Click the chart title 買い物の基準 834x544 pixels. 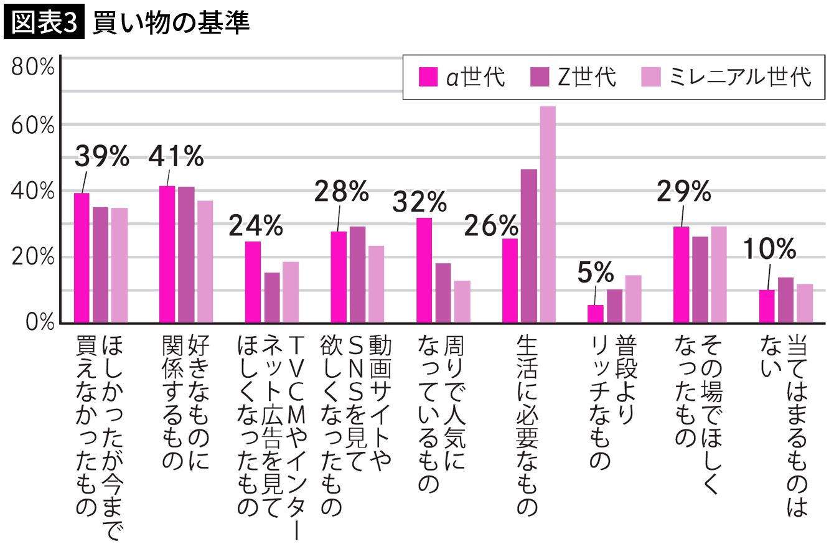[x=171, y=23]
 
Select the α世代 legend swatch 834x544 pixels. [x=428, y=77]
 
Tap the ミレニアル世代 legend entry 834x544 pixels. [x=726, y=77]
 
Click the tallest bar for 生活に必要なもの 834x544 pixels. [x=548, y=215]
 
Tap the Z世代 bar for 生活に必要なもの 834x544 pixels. [x=528, y=246]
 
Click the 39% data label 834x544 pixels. [x=101, y=157]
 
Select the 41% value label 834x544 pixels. [x=176, y=157]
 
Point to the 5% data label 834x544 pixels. [x=595, y=272]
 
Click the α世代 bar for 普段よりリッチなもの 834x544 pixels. [x=596, y=314]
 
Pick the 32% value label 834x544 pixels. [x=419, y=202]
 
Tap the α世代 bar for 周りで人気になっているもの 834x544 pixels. [x=424, y=270]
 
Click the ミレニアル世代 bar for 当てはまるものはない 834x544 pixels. [x=805, y=303]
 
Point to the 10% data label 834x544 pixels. [x=769, y=250]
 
